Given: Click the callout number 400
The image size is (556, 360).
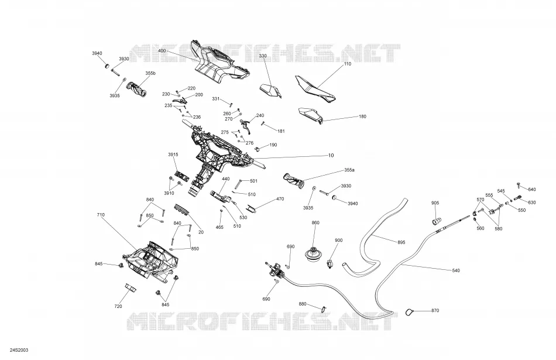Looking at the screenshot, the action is coord(162,51).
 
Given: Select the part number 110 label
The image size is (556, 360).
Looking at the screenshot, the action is coord(348,64).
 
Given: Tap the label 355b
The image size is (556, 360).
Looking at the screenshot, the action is coord(150,73).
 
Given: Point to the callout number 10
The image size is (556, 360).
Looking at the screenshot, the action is coord(331,155).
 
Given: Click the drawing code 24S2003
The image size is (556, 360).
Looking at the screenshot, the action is coord(19,351).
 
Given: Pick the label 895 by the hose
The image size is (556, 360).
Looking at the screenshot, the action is coord(401,242).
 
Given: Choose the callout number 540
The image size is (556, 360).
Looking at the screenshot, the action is coord(456,270).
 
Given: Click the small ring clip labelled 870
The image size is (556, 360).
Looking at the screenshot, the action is coord(409,312).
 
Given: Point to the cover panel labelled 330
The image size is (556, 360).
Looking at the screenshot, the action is coord(270,91).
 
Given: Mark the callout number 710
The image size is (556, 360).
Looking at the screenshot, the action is coord(101,215).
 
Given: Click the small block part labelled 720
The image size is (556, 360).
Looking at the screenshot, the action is coord(131,287).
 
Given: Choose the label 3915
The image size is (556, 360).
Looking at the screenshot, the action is coord(173,155).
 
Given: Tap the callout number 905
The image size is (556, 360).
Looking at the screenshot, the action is coord(435,203).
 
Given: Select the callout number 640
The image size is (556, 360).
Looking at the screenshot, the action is coord(532,190).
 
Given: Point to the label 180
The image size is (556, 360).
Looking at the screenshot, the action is coord(362,116).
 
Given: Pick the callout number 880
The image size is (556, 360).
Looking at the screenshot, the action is coord(303,304).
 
